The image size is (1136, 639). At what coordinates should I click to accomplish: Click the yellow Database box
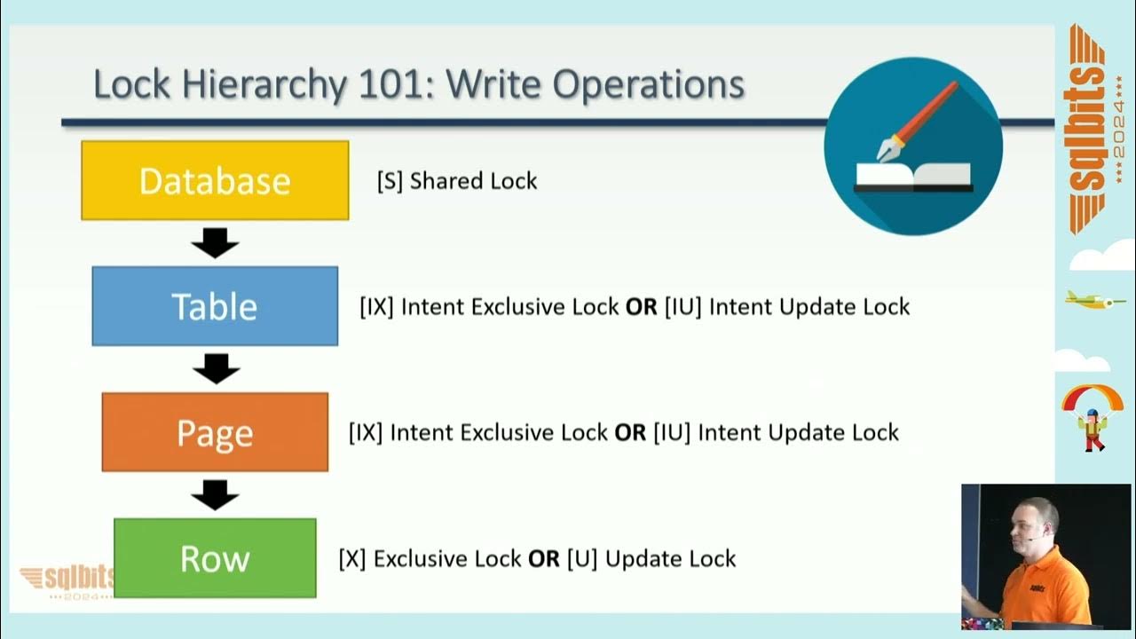coord(215,180)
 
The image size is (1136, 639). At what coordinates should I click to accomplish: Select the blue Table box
coord(215,306)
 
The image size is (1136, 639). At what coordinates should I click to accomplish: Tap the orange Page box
coord(215,432)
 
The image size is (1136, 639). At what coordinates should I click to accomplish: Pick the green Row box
coord(215,558)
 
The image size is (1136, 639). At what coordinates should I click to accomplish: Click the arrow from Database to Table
coord(215,242)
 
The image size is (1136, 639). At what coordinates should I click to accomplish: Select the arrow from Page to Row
coord(215,494)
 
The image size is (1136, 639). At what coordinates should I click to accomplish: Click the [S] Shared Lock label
coord(457,181)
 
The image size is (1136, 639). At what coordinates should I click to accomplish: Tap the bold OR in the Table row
coord(641,307)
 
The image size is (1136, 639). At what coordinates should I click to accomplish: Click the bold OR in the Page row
coord(630,433)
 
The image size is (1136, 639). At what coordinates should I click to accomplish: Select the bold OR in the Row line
coord(543,559)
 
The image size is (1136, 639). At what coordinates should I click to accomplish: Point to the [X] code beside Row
coord(352,559)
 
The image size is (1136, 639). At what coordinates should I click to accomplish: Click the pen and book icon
coord(912,146)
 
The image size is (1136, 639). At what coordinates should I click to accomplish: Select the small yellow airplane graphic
coord(1093,300)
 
